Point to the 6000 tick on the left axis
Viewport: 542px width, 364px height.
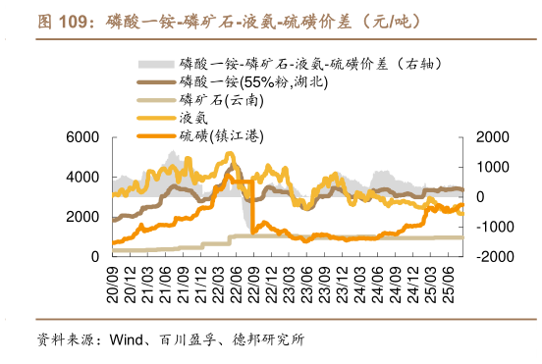pos(86,137)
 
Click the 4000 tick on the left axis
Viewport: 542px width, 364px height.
pos(86,177)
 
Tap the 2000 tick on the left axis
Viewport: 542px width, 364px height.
pos(86,217)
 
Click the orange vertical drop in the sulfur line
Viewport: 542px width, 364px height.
pos(252,206)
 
